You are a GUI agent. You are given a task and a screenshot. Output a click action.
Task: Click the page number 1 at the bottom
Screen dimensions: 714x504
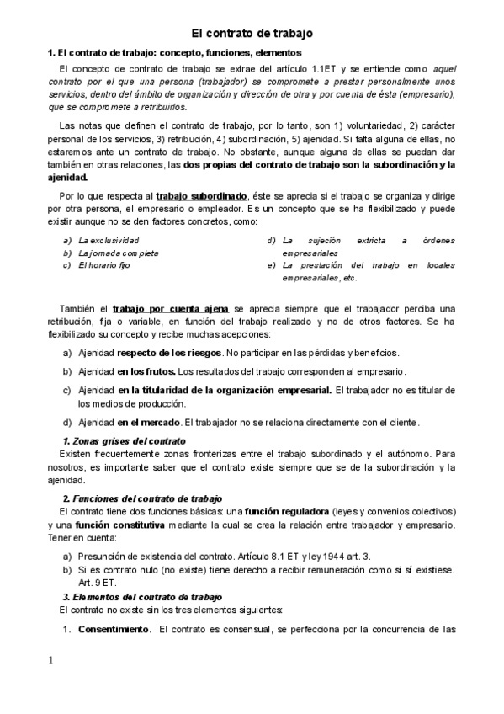click(x=51, y=659)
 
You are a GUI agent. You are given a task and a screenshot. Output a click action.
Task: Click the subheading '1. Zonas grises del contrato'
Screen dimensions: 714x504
click(x=125, y=441)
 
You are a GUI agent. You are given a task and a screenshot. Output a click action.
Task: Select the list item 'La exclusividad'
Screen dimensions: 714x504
click(x=108, y=241)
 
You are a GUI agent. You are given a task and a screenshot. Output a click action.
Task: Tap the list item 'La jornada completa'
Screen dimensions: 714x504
click(x=118, y=253)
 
